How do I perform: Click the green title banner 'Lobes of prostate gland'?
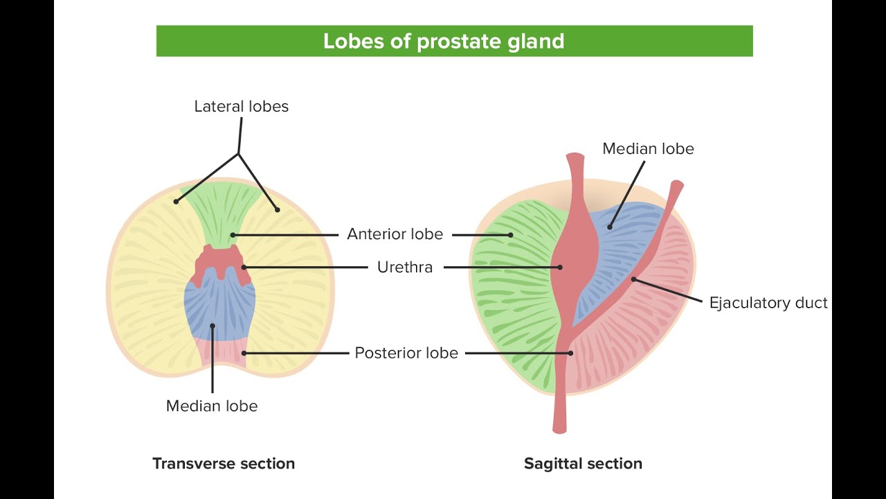click(x=454, y=41)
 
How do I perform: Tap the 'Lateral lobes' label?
click(x=241, y=107)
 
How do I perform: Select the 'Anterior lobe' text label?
click(x=395, y=234)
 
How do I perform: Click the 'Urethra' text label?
click(x=405, y=268)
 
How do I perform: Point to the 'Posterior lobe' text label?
click(x=406, y=353)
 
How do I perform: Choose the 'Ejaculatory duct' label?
click(x=768, y=303)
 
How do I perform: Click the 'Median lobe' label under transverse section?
click(x=212, y=406)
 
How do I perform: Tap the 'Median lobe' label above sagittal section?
click(x=648, y=149)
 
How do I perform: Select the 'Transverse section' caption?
click(x=224, y=464)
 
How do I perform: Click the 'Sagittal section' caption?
click(x=583, y=464)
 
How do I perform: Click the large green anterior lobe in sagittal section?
click(x=512, y=291)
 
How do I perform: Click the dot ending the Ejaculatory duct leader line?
click(x=633, y=279)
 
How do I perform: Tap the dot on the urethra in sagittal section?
click(x=560, y=267)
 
